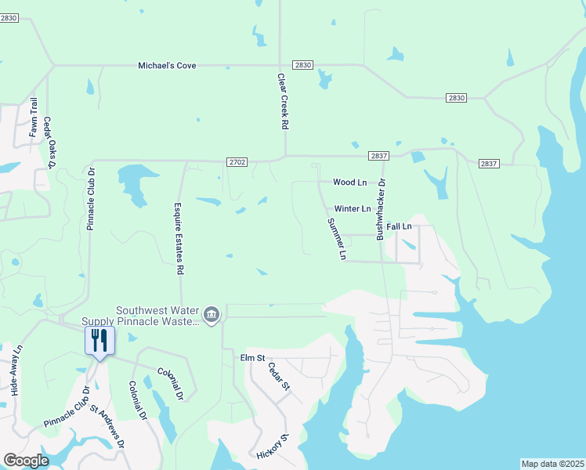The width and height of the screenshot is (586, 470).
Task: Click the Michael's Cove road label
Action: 167,66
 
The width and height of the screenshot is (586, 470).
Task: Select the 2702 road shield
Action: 237,162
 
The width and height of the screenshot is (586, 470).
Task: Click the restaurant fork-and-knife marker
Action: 99,340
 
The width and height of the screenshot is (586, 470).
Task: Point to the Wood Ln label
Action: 349,183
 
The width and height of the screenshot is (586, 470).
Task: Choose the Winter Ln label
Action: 352,209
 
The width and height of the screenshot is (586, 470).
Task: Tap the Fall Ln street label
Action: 399,226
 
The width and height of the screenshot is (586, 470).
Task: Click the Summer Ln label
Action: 336,239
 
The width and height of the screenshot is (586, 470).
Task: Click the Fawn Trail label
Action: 34,117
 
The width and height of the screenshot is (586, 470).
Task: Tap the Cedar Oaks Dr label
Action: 49,142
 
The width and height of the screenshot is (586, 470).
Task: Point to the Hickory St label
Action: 273,447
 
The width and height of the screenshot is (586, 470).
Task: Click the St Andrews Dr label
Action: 107,427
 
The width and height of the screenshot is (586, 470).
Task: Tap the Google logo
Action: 26,461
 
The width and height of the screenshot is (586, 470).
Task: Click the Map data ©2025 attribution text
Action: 552,464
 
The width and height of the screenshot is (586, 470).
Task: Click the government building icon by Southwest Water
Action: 212,315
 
